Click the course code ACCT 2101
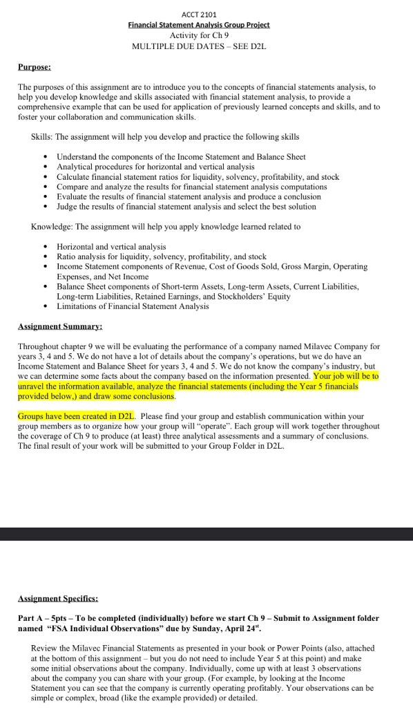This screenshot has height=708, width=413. click(198, 15)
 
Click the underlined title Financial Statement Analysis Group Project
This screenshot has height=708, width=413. click(199, 25)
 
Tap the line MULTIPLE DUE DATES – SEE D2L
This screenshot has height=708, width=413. click(199, 46)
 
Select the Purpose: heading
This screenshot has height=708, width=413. click(34, 67)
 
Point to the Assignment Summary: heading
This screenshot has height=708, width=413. click(60, 326)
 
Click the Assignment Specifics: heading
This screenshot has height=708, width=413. click(58, 598)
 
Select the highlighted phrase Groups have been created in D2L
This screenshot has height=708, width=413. click(76, 416)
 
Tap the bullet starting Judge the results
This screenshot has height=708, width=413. click(186, 207)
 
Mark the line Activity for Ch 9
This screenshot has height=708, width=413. click(199, 35)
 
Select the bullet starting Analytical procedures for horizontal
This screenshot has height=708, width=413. click(155, 167)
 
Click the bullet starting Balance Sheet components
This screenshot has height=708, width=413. click(207, 286)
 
